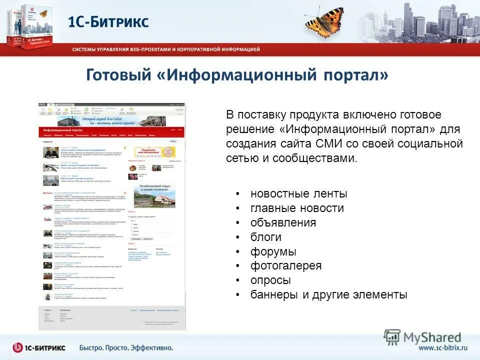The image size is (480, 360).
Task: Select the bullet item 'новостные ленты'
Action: [x=299, y=193]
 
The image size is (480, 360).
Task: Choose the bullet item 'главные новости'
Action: [x=297, y=208]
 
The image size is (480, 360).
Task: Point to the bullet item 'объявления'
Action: [x=283, y=222]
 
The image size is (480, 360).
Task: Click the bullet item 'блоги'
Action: [x=266, y=237]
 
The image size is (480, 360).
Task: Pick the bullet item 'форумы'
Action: [x=273, y=251]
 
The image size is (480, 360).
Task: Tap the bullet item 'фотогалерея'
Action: [x=286, y=265]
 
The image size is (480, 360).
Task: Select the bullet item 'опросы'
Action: [x=270, y=280]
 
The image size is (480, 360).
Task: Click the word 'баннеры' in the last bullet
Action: [x=274, y=294]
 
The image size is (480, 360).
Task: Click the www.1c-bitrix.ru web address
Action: [x=443, y=347]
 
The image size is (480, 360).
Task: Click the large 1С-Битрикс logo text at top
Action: [x=108, y=22]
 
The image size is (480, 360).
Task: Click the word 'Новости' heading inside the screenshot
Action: [x=48, y=142]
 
